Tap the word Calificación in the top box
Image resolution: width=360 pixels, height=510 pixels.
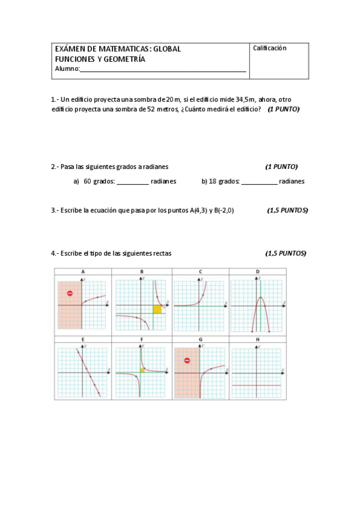coord(270,48)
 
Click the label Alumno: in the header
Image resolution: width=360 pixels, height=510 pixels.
coord(67,69)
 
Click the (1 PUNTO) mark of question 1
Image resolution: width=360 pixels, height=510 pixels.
coord(284,109)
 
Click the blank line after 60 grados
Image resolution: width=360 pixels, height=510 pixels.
coord(132,181)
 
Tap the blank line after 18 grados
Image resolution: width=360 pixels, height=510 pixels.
coord(259,181)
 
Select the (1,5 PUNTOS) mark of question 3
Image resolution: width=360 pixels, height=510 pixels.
coord(287,210)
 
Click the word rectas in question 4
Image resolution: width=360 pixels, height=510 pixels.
coord(162,253)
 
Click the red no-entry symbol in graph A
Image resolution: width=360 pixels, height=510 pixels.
coord(70,293)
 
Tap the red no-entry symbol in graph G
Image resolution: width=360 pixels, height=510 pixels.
coord(187,361)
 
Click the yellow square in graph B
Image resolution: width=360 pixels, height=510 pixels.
coord(157,309)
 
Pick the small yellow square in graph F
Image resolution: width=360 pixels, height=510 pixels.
coord(142,371)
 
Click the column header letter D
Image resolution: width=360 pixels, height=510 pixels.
coord(258,272)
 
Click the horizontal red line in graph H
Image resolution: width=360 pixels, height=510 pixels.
coord(257,385)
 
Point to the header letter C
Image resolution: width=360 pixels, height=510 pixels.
coord(200,272)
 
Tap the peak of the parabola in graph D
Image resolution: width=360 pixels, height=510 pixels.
coord(260,297)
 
